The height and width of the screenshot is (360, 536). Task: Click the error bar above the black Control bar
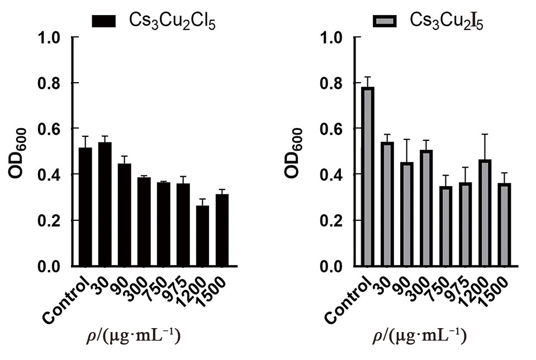[x=86, y=141]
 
